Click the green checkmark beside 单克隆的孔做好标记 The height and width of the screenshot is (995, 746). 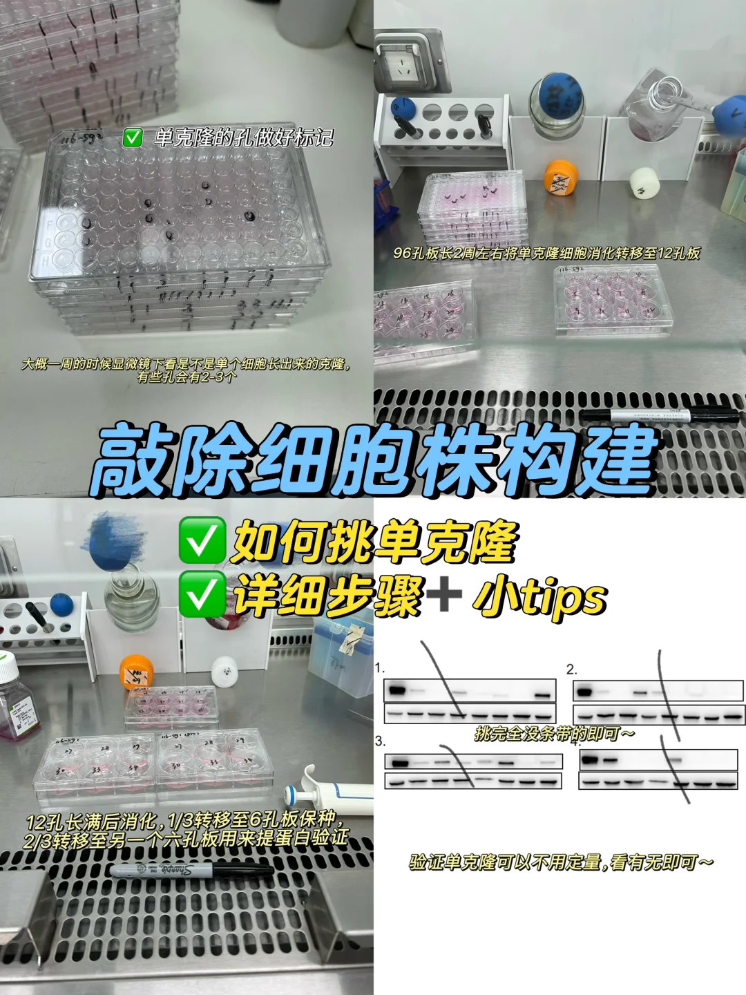click(132, 138)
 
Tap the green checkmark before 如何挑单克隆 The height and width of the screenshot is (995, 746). click(202, 542)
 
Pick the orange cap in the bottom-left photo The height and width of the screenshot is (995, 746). click(135, 672)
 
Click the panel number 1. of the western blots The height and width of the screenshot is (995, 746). click(380, 668)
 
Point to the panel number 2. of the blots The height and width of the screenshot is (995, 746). click(571, 669)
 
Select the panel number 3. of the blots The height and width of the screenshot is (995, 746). click(380, 741)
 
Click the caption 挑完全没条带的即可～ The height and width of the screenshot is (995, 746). click(554, 734)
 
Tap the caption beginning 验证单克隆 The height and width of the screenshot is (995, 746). click(561, 862)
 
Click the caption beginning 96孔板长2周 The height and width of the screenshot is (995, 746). click(546, 254)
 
